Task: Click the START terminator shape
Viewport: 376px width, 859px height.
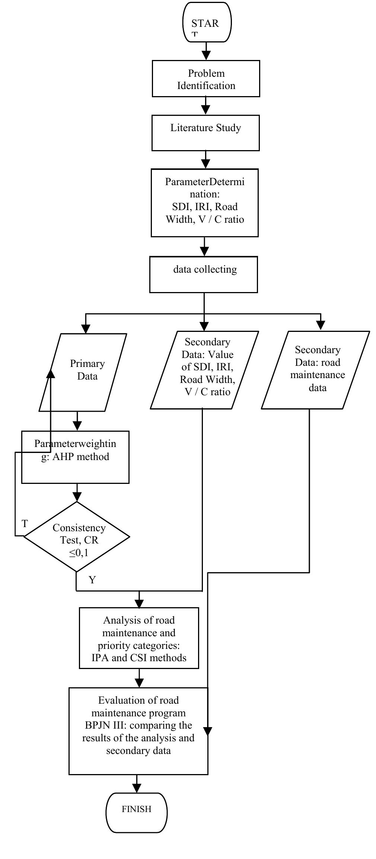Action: coord(207,22)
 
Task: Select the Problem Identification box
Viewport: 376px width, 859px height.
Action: coord(206,79)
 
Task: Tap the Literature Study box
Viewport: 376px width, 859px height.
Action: coord(205,133)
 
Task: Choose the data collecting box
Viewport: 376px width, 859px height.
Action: coord(204,275)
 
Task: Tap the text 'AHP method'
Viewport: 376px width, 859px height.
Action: coord(80,457)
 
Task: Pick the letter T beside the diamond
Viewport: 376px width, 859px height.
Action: coord(25,524)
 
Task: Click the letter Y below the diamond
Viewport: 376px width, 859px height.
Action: coord(92,580)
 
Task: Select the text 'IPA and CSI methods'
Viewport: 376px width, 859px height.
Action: coord(139,658)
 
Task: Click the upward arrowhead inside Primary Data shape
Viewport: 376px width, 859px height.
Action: coord(51,373)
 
